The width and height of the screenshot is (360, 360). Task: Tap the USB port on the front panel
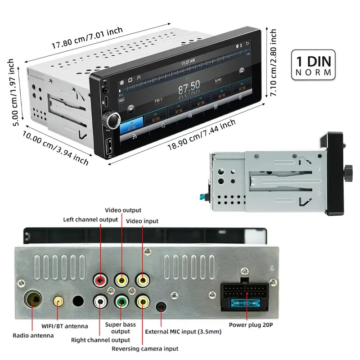click(109, 146)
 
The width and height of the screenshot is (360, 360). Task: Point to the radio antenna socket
click(33, 299)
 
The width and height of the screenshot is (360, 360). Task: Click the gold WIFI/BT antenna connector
click(58, 301)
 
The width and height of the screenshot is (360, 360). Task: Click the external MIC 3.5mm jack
click(161, 307)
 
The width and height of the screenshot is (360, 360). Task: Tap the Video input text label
click(142, 221)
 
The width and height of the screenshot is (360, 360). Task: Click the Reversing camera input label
click(145, 348)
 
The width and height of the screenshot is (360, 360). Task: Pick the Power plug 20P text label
click(251, 324)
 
